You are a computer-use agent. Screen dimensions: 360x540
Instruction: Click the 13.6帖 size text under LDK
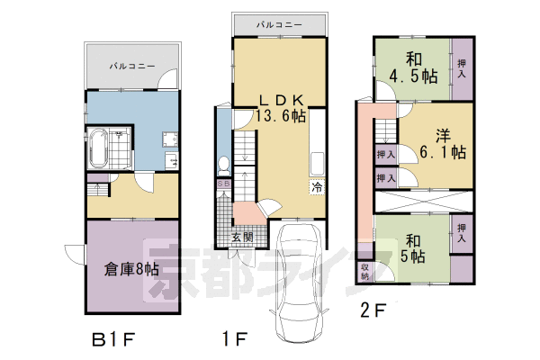point(280,116)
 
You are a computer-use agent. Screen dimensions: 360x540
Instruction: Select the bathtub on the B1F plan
point(100,148)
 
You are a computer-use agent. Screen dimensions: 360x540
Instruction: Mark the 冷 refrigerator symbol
point(317,188)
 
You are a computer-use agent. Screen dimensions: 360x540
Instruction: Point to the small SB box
point(225,183)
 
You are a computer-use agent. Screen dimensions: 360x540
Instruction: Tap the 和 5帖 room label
point(413,248)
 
